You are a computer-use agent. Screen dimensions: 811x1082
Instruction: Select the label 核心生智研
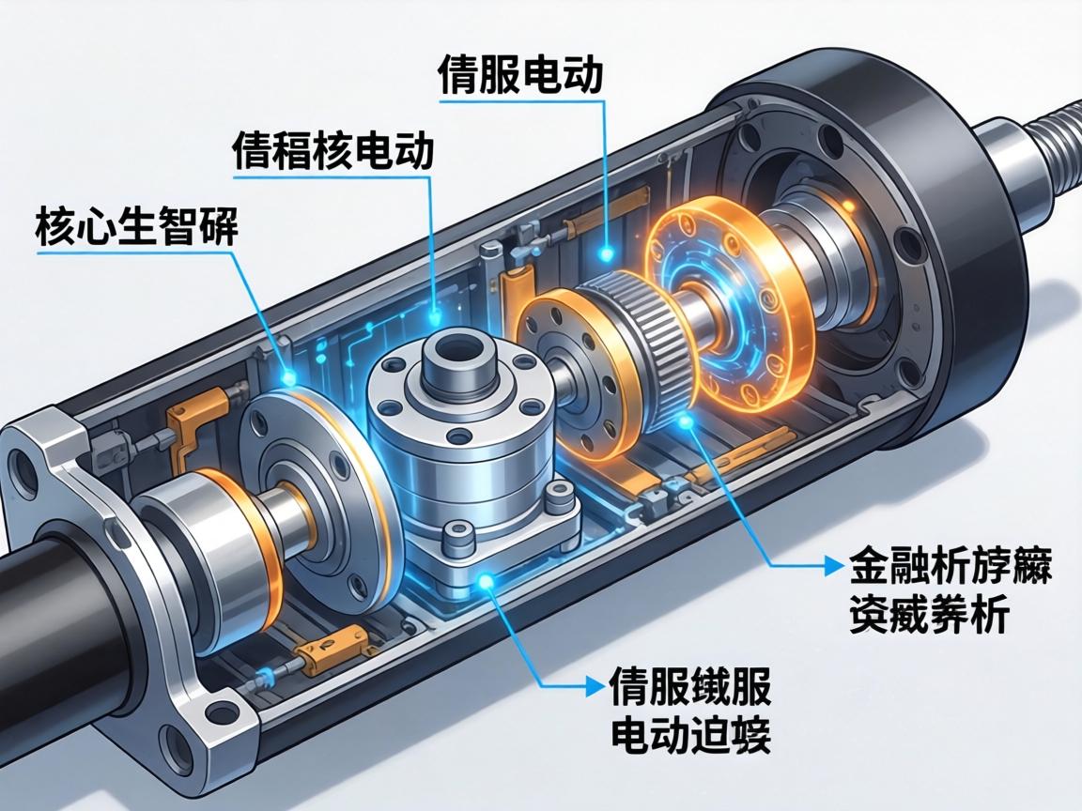click(136, 227)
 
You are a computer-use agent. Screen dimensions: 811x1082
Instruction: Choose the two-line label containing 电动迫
click(690, 712)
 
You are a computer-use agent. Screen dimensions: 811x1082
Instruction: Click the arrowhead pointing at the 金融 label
click(831, 565)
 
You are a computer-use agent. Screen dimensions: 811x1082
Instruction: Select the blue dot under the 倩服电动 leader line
click(608, 252)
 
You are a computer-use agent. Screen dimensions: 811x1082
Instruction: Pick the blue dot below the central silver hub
click(486, 583)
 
